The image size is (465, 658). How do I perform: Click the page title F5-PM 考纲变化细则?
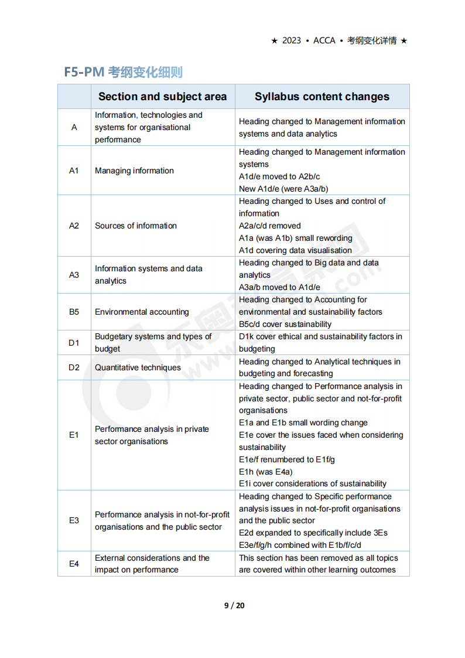(x=123, y=72)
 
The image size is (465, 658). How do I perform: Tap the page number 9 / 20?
(x=234, y=605)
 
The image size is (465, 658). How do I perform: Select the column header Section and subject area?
(x=162, y=97)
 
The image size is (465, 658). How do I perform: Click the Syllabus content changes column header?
(x=322, y=97)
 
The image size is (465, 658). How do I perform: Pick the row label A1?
(x=74, y=171)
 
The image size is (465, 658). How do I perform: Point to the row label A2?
(x=74, y=226)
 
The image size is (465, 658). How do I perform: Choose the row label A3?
(x=74, y=275)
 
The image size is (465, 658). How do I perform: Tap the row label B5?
(x=74, y=312)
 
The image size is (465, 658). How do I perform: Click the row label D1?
(x=74, y=343)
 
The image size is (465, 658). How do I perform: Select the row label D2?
(x=74, y=367)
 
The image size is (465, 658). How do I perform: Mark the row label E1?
(x=74, y=435)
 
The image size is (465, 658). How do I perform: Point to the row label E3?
(x=74, y=520)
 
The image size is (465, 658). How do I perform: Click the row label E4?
(x=74, y=564)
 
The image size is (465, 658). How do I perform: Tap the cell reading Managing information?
(x=134, y=171)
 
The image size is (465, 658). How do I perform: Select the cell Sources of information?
(x=135, y=226)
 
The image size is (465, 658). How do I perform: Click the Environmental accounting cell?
(x=142, y=312)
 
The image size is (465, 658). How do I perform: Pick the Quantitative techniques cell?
(x=138, y=367)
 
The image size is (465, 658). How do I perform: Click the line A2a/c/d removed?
(x=269, y=226)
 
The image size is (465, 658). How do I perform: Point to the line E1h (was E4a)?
(x=265, y=472)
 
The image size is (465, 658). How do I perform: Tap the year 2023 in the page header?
(x=292, y=40)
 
